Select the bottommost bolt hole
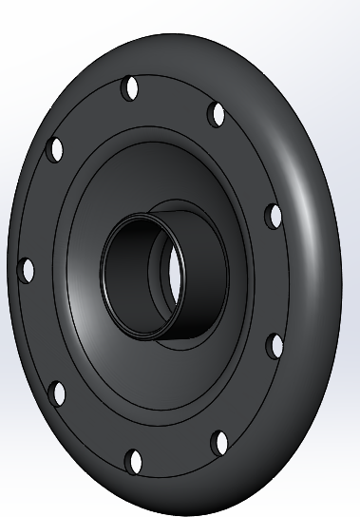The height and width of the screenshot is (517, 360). point(135,462)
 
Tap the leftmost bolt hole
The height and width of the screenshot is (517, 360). point(26,269)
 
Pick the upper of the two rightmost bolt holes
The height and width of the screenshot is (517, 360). point(274,216)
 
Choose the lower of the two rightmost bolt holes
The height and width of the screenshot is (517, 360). point(275,345)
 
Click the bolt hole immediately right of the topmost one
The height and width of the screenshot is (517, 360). point(218,115)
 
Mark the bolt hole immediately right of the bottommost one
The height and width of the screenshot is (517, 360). point(219,442)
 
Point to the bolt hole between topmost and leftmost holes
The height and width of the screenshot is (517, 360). point(56,149)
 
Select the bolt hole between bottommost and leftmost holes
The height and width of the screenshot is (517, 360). point(56,393)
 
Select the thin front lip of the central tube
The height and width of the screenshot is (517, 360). point(106,276)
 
